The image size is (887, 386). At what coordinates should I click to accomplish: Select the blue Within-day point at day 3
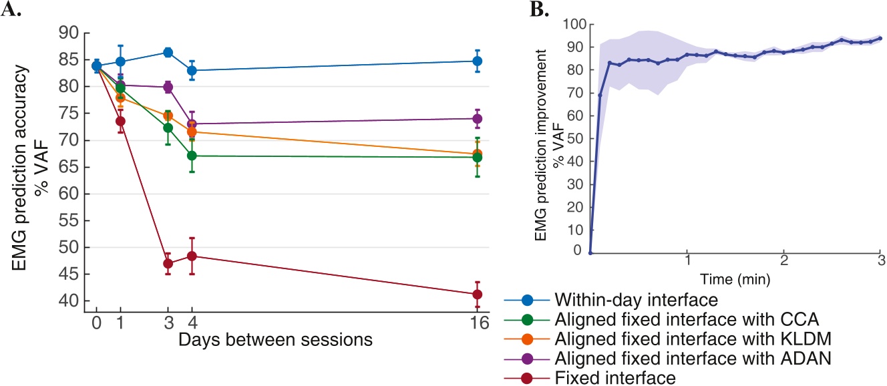point(168,52)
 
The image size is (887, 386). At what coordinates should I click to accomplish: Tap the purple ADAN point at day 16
point(477,119)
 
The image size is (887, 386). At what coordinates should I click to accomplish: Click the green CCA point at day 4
point(192,156)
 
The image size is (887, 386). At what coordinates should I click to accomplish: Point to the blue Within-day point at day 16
point(477,61)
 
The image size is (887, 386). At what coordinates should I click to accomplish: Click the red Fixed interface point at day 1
point(120,121)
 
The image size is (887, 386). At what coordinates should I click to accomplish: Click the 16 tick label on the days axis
point(477,324)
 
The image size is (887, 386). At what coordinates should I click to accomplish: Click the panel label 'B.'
point(519,9)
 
